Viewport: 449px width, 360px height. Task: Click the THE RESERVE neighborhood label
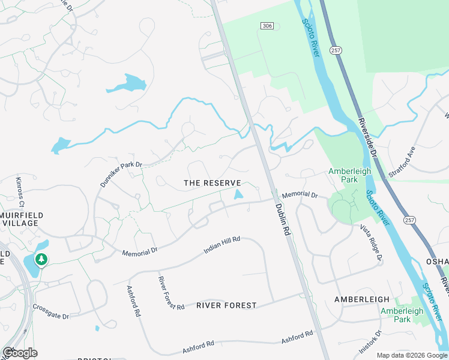(212, 183)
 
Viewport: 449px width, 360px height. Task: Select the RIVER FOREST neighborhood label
(226, 305)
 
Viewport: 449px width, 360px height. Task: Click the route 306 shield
(268, 25)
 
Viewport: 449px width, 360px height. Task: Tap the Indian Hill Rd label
(221, 244)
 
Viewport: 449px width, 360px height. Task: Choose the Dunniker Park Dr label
(121, 173)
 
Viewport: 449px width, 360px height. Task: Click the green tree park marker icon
(41, 260)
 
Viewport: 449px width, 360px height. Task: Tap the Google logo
(20, 353)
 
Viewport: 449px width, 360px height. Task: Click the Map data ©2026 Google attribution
(411, 355)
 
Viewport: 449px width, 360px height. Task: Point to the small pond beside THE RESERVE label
(238, 194)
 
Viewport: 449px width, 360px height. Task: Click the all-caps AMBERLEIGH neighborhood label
(362, 299)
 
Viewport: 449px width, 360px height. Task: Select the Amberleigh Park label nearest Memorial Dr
(349, 175)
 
